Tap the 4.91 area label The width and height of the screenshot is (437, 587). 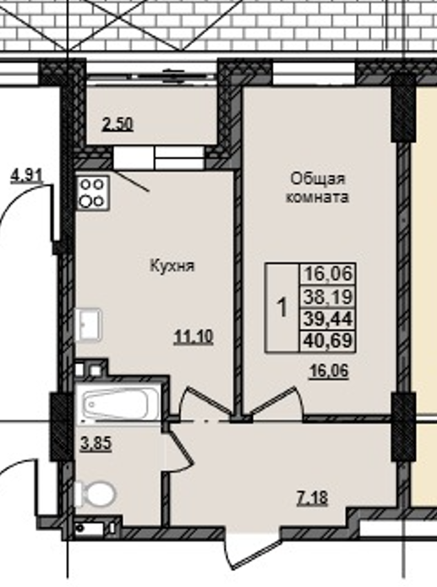click(26, 176)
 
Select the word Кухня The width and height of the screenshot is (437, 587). click(172, 266)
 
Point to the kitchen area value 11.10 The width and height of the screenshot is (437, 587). click(193, 337)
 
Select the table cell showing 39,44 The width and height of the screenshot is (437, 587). click(325, 319)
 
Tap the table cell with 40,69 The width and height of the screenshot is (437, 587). click(325, 342)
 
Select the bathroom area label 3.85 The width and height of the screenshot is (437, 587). click(95, 442)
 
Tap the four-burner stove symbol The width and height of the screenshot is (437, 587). click(92, 193)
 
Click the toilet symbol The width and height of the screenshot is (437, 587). click(96, 492)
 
